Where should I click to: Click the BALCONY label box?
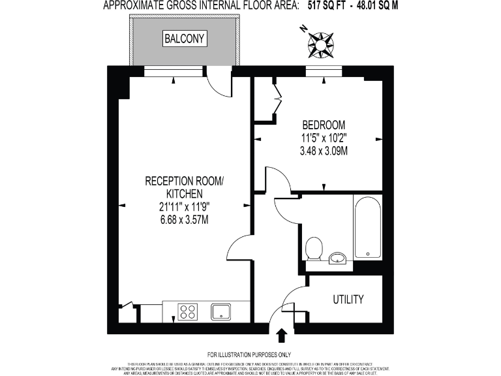pos(185,39)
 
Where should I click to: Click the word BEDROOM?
pos(324,125)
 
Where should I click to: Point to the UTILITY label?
pos(348,300)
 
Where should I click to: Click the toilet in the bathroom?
pos(314,248)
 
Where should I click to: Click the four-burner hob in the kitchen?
pos(189,312)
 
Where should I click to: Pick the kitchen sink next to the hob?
pos(220,312)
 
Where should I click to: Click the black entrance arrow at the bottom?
pos(282,336)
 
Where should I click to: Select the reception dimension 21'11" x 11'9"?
pos(184,206)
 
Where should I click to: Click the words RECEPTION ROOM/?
pos(184,181)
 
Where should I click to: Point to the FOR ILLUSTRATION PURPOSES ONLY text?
pos(249,354)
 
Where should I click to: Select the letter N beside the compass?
pos(303,29)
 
